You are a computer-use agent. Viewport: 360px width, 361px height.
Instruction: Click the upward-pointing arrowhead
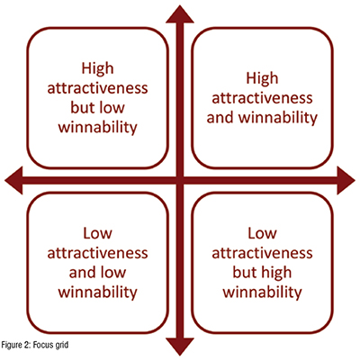coord(180,14)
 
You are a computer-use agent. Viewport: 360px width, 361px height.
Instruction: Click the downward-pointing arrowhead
coord(180,347)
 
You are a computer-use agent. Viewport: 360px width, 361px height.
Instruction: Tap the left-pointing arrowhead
coord(13,180)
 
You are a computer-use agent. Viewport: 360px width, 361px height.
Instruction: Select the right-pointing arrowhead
coord(346,180)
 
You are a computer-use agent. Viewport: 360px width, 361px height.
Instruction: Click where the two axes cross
coord(180,180)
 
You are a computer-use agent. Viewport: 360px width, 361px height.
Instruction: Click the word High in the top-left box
coord(97,68)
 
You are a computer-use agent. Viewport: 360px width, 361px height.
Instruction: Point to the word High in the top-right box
coord(262,78)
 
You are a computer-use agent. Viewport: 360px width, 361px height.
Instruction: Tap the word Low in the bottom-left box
coord(97,233)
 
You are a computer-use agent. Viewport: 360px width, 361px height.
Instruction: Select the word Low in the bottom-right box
coord(262,233)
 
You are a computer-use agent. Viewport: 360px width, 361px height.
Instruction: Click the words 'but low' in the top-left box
coord(97,107)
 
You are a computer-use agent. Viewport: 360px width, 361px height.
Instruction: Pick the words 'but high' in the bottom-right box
coord(262,273)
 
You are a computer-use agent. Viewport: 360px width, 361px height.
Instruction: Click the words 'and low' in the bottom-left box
coord(97,273)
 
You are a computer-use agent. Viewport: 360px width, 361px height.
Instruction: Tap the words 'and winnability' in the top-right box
coord(262,118)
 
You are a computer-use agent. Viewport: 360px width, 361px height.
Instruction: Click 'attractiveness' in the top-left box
coord(97,88)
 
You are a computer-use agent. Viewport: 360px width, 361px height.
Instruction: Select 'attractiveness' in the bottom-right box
coord(262,253)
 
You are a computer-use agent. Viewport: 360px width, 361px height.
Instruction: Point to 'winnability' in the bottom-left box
coord(97,293)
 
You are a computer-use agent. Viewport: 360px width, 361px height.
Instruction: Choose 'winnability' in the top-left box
coord(97,128)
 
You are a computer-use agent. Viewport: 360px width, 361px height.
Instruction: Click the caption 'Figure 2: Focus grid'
coord(35,345)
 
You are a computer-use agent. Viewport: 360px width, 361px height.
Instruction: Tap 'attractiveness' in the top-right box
coord(262,98)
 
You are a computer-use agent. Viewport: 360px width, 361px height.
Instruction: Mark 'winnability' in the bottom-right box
coord(262,293)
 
